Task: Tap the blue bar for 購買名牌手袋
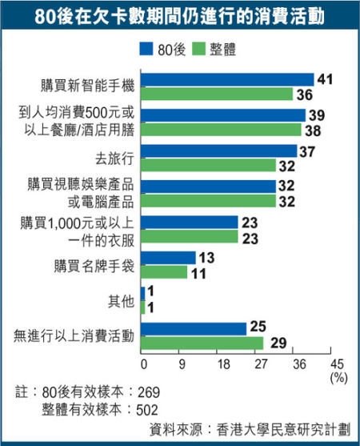click(x=167, y=258)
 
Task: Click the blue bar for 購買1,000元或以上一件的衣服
click(x=189, y=222)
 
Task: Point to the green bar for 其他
click(x=142, y=307)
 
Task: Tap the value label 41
click(x=325, y=79)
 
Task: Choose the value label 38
click(x=313, y=129)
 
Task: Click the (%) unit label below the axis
click(x=337, y=377)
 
